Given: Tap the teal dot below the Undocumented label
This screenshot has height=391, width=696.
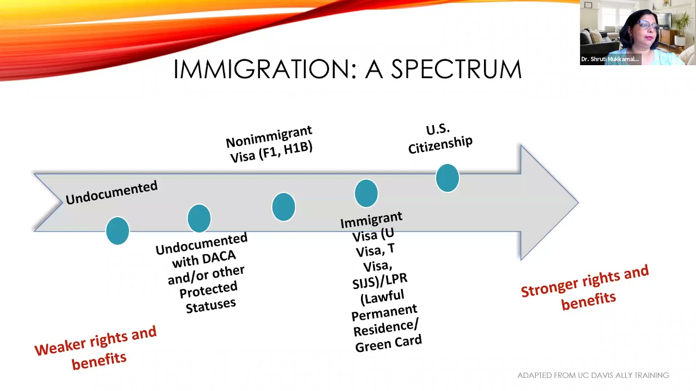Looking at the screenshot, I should click(x=117, y=231).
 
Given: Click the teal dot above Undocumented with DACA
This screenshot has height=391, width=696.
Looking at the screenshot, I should click(x=199, y=218).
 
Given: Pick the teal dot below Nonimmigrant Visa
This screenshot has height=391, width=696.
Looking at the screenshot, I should click(x=283, y=207).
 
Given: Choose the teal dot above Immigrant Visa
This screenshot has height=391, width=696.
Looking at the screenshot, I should click(x=366, y=193).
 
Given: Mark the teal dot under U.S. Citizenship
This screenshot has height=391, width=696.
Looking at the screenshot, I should click(x=448, y=179).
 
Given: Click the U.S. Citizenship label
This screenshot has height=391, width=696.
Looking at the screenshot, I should click(x=440, y=138).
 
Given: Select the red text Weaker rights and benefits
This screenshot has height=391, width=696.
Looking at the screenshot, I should click(x=96, y=348).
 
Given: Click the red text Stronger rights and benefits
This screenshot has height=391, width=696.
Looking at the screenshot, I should click(x=586, y=288).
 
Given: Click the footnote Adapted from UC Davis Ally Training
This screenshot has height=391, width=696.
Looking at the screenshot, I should click(x=593, y=375).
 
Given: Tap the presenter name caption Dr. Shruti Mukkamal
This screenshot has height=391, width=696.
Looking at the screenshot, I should click(x=610, y=59).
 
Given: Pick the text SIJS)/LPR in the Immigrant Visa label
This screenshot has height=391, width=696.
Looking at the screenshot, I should click(x=380, y=281).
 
